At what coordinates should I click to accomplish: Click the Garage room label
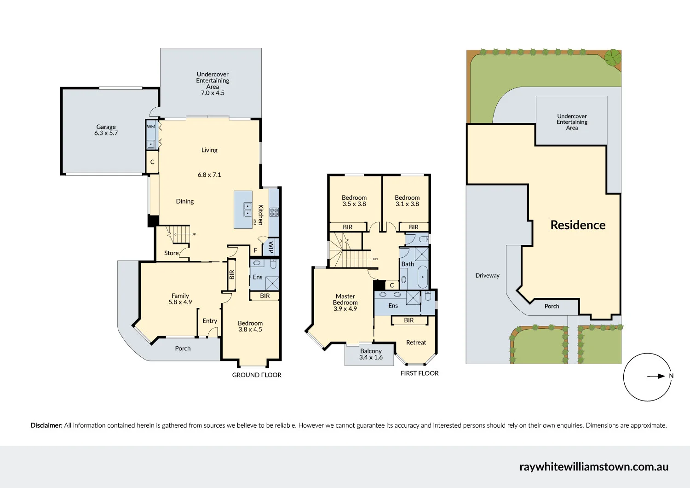[x=106, y=127]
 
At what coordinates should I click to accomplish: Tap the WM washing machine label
[x=150, y=127]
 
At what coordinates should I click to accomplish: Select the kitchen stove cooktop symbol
[x=274, y=212]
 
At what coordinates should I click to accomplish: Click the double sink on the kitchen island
[x=247, y=210]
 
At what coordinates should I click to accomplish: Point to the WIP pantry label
[x=271, y=247]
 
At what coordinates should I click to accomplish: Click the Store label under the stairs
[x=171, y=253]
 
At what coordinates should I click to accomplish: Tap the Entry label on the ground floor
[x=210, y=321]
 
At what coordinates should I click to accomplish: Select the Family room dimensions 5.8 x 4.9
[x=180, y=302]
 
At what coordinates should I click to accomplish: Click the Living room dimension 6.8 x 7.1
[x=209, y=175]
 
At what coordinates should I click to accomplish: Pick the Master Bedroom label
[x=345, y=299]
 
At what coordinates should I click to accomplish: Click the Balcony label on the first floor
[x=371, y=351]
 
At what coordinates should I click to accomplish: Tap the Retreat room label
[x=416, y=343]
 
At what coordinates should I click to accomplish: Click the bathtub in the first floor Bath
[x=422, y=277]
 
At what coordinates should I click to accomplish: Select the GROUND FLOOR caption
[x=257, y=375]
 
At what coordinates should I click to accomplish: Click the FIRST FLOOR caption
[x=420, y=373]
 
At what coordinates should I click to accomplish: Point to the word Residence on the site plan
[x=578, y=225]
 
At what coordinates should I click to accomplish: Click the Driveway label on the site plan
[x=487, y=276]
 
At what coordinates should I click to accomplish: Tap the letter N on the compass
[x=671, y=376]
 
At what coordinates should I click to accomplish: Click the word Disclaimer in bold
[x=46, y=425]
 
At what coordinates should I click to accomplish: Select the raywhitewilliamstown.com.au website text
[x=594, y=467]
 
